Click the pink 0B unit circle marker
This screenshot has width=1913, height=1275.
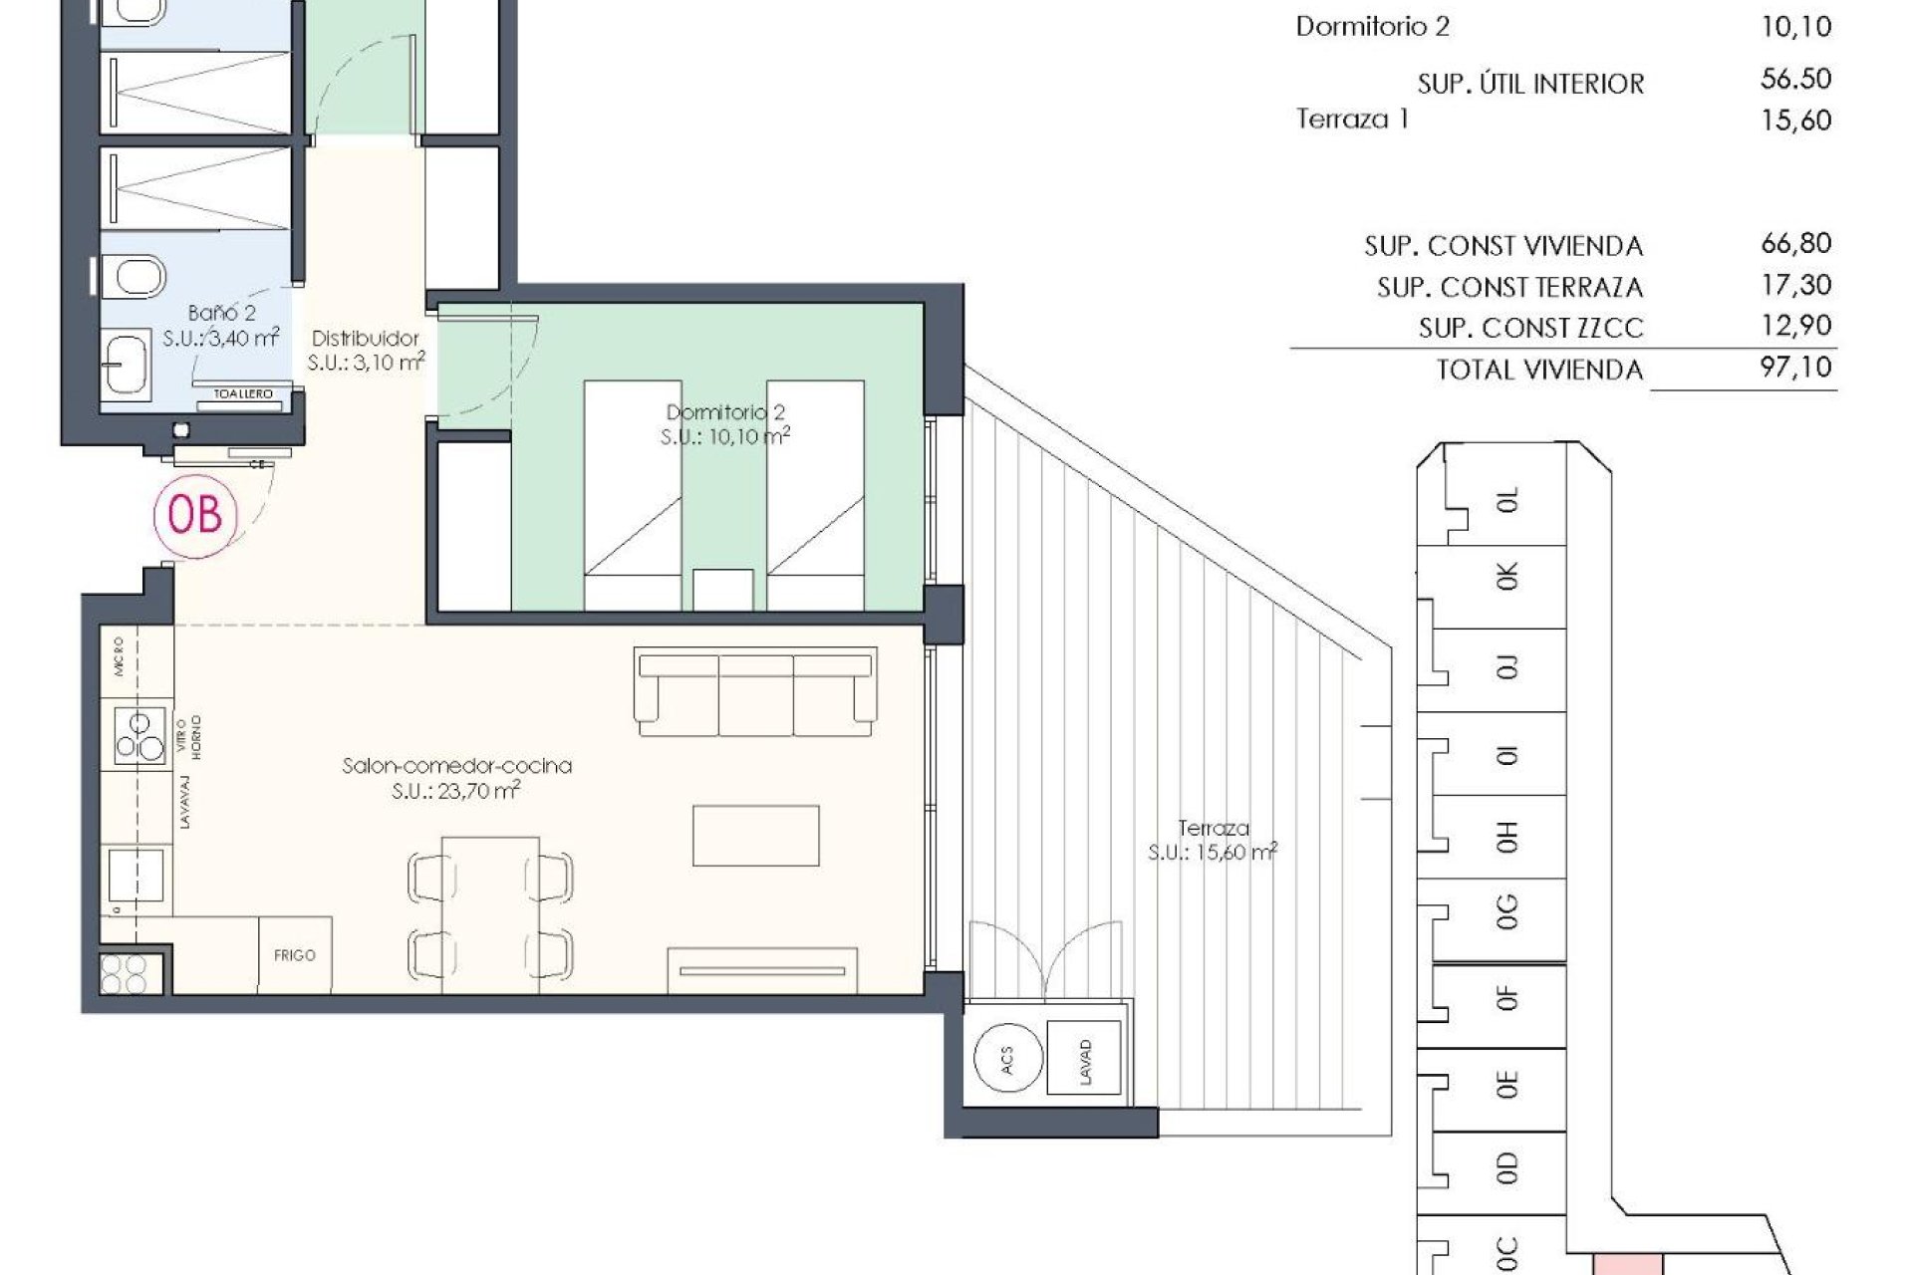[195, 515]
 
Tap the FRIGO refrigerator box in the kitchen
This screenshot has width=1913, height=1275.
[295, 954]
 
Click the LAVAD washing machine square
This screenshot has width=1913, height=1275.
[1084, 1059]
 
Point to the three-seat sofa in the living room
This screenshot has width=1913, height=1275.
[755, 692]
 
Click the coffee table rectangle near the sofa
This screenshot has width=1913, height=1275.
[756, 836]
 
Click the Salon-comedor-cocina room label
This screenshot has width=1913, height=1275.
[456, 766]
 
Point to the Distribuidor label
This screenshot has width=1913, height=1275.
[365, 339]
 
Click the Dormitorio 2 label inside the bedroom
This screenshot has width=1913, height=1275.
[725, 412]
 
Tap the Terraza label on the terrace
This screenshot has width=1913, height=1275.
[1213, 828]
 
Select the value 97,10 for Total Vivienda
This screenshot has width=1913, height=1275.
[1795, 368]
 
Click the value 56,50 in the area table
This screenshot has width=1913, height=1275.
[1795, 80]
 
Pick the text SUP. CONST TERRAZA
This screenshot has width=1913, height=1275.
[1508, 288]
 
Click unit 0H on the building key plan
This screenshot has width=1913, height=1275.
[1505, 837]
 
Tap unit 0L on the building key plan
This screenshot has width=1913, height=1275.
[1505, 500]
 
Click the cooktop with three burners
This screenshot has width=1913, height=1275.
[138, 736]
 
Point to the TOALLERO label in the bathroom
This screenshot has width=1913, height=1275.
[243, 394]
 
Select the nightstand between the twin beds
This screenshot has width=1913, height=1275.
[723, 590]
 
